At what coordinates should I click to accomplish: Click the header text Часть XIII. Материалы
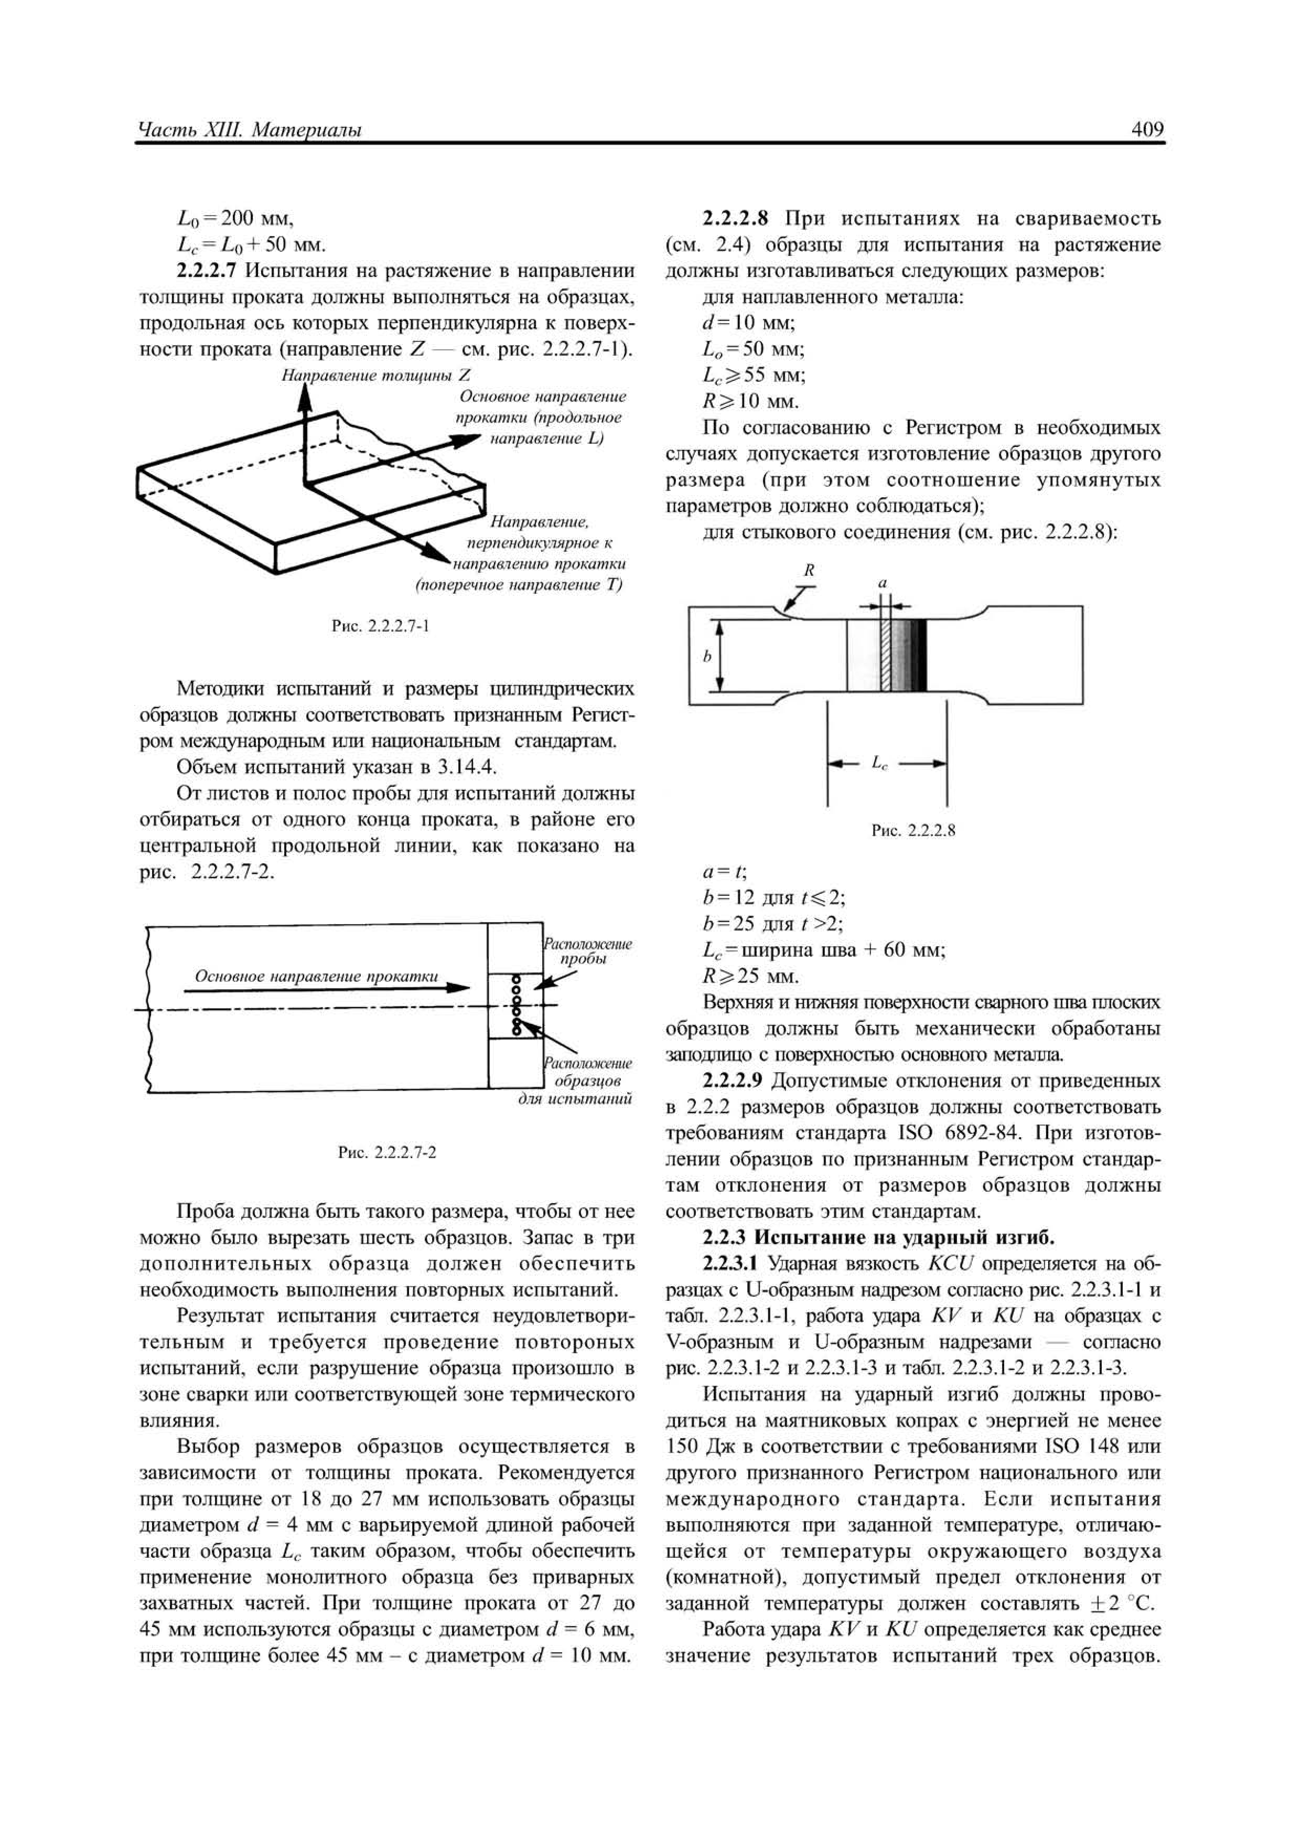click(250, 130)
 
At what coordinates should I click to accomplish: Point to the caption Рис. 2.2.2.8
click(913, 830)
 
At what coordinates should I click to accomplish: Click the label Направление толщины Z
click(375, 375)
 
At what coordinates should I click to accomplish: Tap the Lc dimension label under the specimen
click(879, 764)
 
